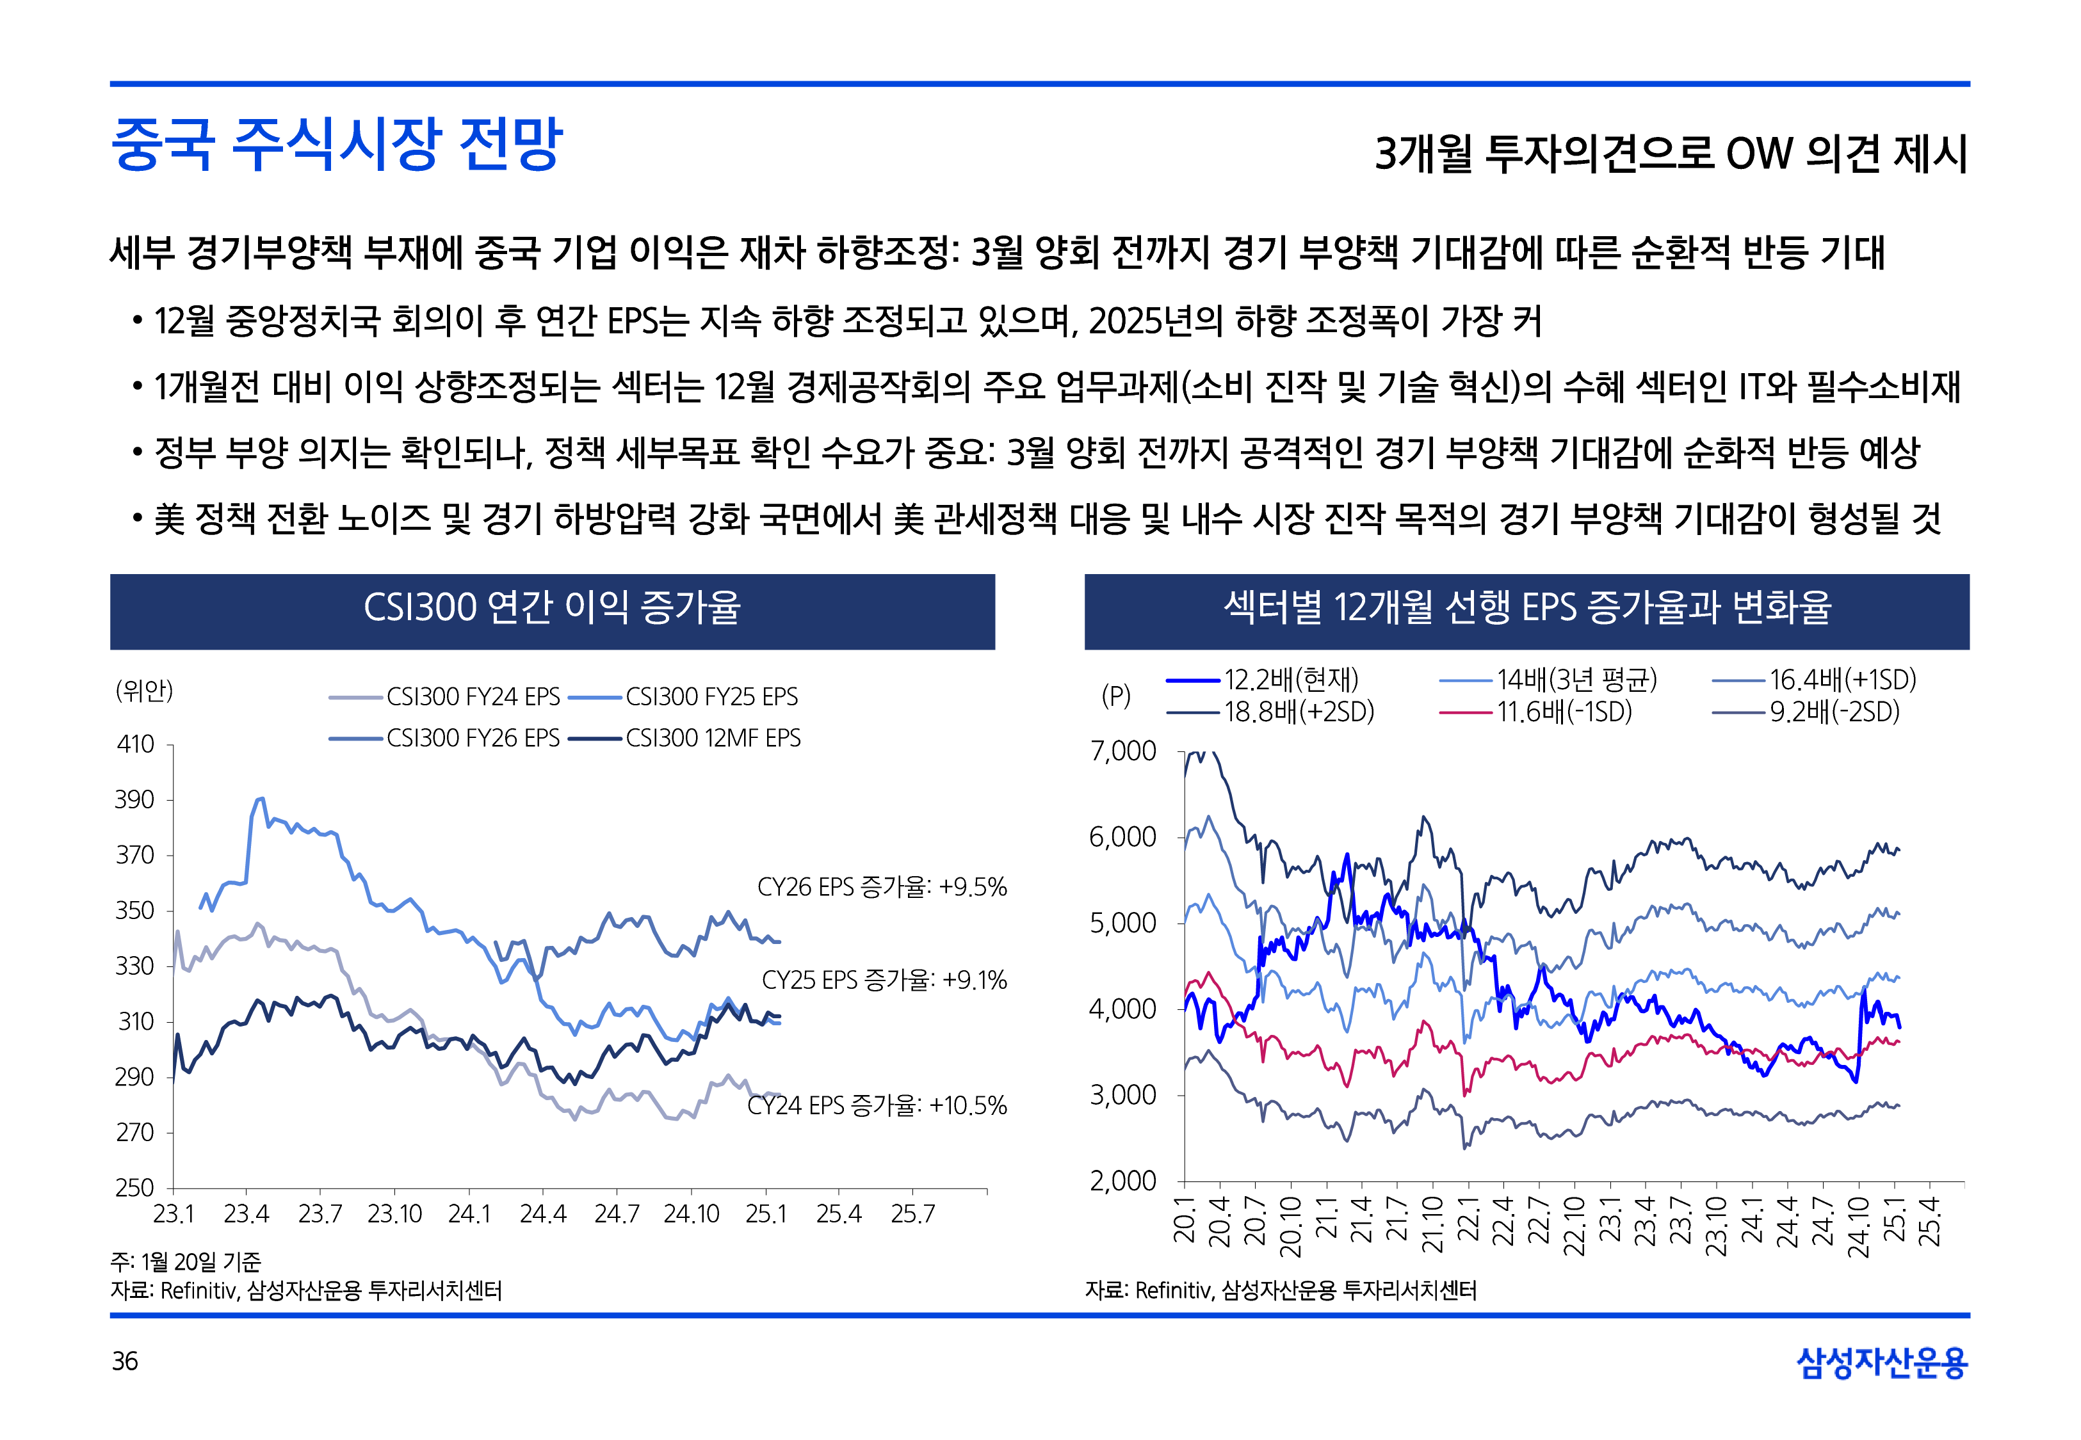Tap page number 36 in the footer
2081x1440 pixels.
point(124,1361)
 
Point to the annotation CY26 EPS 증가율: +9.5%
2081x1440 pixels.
point(882,887)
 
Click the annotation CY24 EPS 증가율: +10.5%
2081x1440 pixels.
point(876,1105)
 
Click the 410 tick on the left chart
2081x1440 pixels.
point(135,744)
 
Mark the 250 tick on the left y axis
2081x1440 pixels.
point(134,1187)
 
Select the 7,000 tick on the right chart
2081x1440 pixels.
point(1122,751)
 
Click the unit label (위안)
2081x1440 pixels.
point(143,691)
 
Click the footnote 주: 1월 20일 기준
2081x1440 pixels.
point(185,1261)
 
